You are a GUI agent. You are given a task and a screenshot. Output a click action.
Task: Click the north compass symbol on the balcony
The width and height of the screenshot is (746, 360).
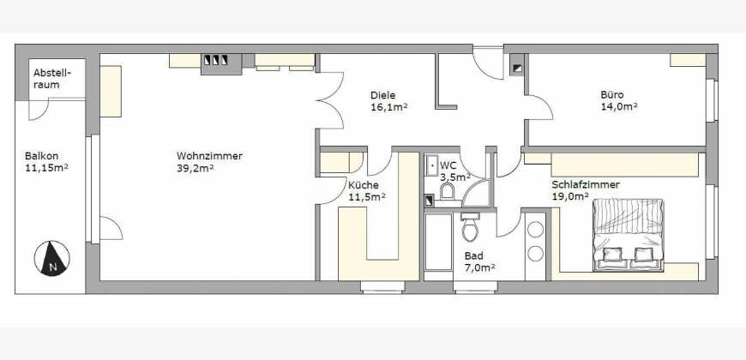(51, 258)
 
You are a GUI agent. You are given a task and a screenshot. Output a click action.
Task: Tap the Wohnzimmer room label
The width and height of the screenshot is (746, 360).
(209, 156)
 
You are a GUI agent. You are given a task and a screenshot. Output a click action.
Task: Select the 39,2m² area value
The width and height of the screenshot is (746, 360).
(195, 167)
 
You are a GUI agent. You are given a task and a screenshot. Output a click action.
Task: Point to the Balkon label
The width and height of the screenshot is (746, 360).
(41, 156)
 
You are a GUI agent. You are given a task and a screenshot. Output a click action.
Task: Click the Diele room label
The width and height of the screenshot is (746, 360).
(383, 96)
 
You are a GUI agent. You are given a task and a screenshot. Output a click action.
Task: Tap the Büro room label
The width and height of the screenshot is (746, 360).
(612, 94)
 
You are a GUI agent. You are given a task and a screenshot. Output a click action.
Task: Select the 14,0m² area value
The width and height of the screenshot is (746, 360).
(619, 106)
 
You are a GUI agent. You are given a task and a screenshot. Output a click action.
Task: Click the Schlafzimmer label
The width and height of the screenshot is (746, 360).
(586, 184)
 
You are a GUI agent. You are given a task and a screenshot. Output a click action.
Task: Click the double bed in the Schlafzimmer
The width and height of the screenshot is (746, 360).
(628, 235)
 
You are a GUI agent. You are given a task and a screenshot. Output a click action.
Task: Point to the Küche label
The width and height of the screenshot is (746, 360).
(364, 185)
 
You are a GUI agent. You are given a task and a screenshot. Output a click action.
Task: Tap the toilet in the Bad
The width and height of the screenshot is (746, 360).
(470, 226)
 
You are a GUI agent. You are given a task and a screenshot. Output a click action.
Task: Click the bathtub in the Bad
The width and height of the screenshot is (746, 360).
(438, 242)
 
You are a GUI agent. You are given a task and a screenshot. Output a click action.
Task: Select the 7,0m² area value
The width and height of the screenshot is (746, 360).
(479, 267)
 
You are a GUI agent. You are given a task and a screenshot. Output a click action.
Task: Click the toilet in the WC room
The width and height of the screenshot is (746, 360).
(448, 190)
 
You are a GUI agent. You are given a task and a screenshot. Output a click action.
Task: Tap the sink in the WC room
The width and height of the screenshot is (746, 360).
(432, 165)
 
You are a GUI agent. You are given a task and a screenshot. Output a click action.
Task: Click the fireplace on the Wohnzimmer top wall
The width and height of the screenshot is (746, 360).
(221, 63)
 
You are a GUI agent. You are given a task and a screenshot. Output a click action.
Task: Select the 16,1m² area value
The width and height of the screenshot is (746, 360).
(388, 107)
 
